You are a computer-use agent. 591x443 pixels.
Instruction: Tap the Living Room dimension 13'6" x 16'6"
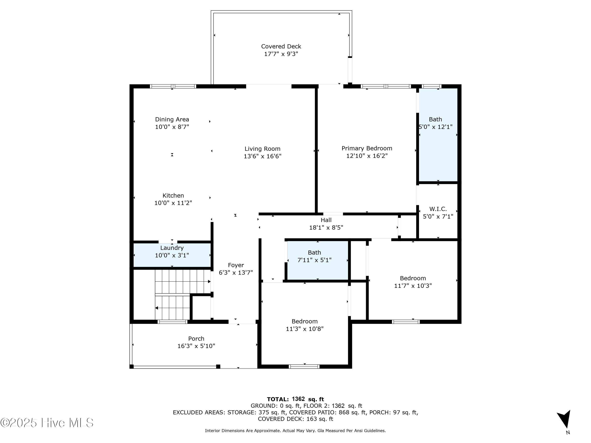(x=262, y=156)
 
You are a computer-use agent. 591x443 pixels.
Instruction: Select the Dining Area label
(x=172, y=119)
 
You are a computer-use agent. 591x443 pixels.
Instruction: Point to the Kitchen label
(x=173, y=196)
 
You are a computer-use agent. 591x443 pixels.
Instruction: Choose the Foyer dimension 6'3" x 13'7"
(x=236, y=273)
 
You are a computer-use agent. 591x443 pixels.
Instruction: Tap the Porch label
(x=196, y=339)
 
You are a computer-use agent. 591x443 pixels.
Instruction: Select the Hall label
(x=326, y=220)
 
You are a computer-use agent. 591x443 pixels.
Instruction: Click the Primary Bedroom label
(x=367, y=148)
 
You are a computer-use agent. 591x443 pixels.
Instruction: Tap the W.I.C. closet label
(x=438, y=209)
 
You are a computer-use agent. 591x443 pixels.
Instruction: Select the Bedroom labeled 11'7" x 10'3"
(x=413, y=282)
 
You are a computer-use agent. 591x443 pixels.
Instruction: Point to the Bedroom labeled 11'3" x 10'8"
(x=304, y=325)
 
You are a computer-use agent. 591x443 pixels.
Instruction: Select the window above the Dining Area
(x=173, y=86)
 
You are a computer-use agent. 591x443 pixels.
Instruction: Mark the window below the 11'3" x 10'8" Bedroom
(x=304, y=366)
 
